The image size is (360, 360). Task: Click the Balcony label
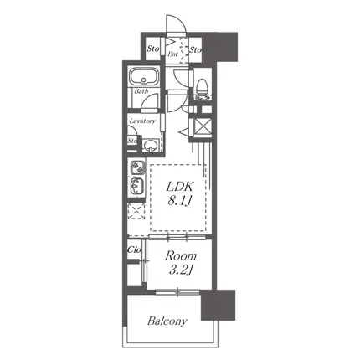(167, 321)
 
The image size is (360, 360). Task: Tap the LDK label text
(180, 187)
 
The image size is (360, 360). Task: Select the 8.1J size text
(180, 200)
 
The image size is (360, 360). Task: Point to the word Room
(181, 256)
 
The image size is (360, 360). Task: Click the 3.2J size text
(182, 270)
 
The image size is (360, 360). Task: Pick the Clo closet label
(134, 249)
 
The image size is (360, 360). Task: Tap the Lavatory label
(142, 121)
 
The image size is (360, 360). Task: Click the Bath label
(141, 91)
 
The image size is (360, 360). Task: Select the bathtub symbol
(143, 76)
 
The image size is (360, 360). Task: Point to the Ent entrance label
(172, 54)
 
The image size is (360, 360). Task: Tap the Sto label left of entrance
(153, 49)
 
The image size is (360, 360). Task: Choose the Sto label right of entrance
(195, 50)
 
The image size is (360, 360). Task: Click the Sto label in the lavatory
(132, 141)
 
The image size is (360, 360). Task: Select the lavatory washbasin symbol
(151, 145)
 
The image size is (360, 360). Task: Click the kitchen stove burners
(137, 167)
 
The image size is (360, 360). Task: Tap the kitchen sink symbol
(137, 185)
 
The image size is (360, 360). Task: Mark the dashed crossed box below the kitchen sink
(136, 211)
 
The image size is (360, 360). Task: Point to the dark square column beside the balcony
(218, 305)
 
